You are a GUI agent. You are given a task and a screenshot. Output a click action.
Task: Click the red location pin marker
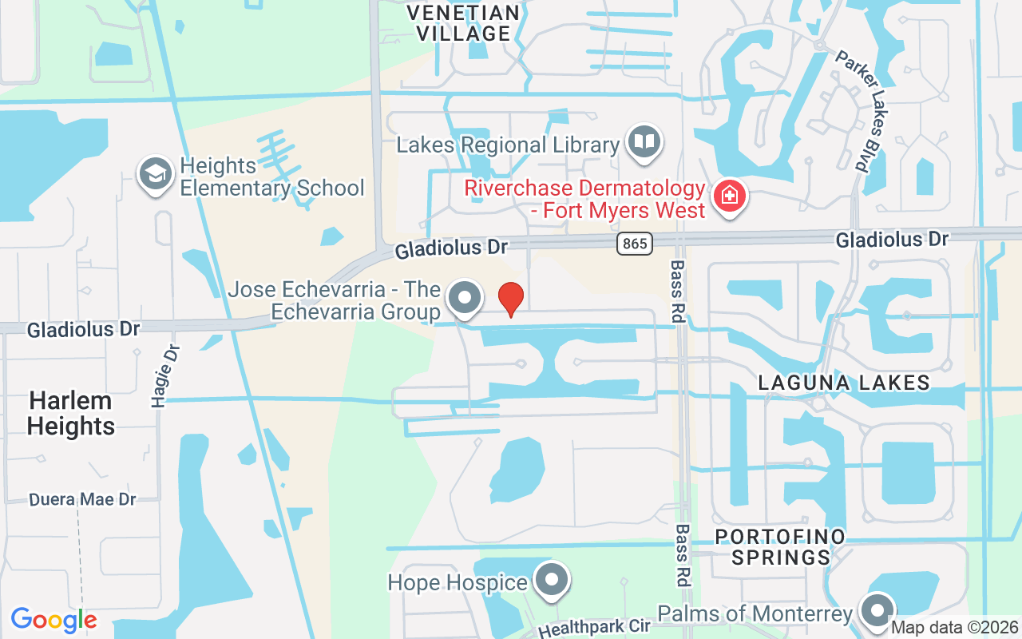pyautogui.click(x=511, y=299)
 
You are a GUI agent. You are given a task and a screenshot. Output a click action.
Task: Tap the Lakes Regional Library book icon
pyautogui.click(x=644, y=141)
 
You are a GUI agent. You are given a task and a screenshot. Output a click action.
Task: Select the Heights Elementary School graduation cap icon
pyautogui.click(x=155, y=174)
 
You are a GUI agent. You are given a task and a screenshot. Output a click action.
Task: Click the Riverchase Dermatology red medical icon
pyautogui.click(x=729, y=195)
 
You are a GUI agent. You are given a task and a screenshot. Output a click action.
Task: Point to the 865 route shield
pyautogui.click(x=635, y=243)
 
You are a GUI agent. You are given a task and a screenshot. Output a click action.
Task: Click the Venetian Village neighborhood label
pyautogui.click(x=463, y=23)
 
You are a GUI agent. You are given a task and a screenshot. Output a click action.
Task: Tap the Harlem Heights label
pyautogui.click(x=70, y=413)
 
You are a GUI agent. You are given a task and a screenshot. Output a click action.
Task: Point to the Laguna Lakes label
pyautogui.click(x=844, y=383)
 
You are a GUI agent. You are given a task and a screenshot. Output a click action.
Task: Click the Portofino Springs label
pyautogui.click(x=780, y=546)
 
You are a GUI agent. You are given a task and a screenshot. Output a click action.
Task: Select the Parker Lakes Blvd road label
pyautogui.click(x=852, y=111)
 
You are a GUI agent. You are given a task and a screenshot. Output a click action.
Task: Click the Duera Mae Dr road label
pyautogui.click(x=83, y=500)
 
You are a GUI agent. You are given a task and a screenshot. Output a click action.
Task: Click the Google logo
pyautogui.click(x=53, y=620)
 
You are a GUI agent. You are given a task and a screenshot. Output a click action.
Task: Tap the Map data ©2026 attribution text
pyautogui.click(x=954, y=628)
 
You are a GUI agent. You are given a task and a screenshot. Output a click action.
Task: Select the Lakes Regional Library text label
pyautogui.click(x=509, y=145)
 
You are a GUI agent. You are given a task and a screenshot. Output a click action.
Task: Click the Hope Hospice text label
pyautogui.click(x=458, y=582)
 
